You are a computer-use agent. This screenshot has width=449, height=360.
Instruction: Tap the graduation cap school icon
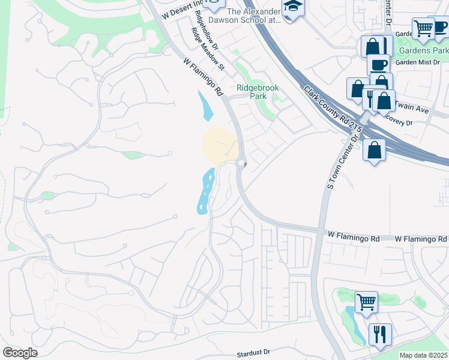(293, 7)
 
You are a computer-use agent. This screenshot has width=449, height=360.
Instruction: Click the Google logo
(20, 353)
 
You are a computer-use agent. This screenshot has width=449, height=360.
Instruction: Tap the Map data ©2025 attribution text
(423, 355)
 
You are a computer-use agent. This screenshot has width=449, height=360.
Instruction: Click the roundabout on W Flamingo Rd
(242, 163)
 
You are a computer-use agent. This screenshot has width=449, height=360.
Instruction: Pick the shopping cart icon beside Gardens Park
(424, 27)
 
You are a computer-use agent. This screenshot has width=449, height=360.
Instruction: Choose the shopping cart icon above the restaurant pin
(366, 301)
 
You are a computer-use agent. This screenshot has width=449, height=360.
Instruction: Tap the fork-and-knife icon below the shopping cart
(379, 333)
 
